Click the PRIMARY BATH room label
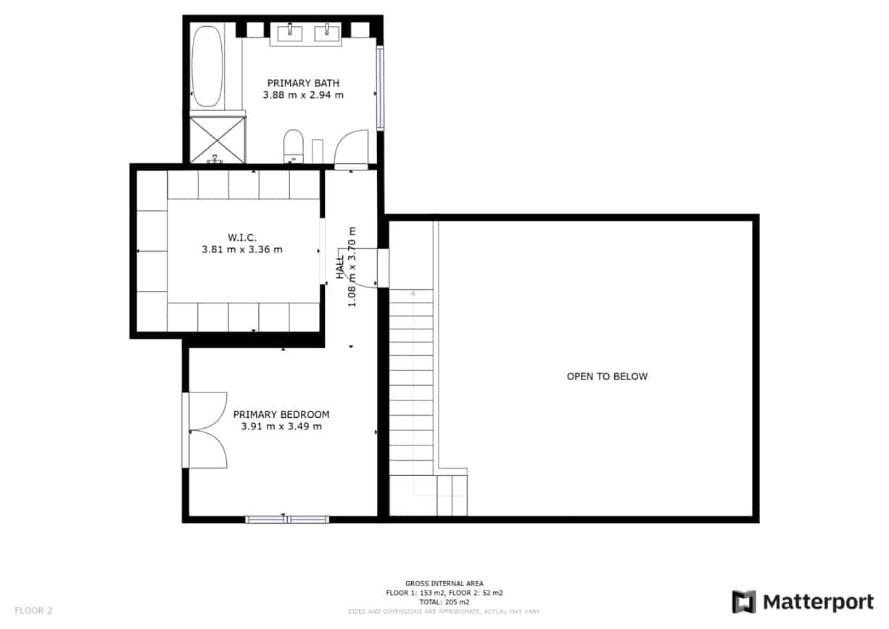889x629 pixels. (303, 83)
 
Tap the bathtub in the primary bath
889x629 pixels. (207, 66)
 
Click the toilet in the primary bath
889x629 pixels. (293, 145)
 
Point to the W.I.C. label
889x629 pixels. (241, 237)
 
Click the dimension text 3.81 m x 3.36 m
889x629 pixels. (241, 250)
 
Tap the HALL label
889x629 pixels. (340, 266)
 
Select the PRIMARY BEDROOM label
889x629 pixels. (281, 414)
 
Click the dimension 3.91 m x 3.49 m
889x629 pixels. (281, 427)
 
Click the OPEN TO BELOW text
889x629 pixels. (607, 377)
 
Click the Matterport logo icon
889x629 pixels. (744, 601)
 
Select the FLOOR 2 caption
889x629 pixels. (33, 610)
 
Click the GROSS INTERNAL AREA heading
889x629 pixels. (444, 583)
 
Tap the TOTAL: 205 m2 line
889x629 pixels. (444, 602)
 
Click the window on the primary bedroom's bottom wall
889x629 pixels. (287, 519)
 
